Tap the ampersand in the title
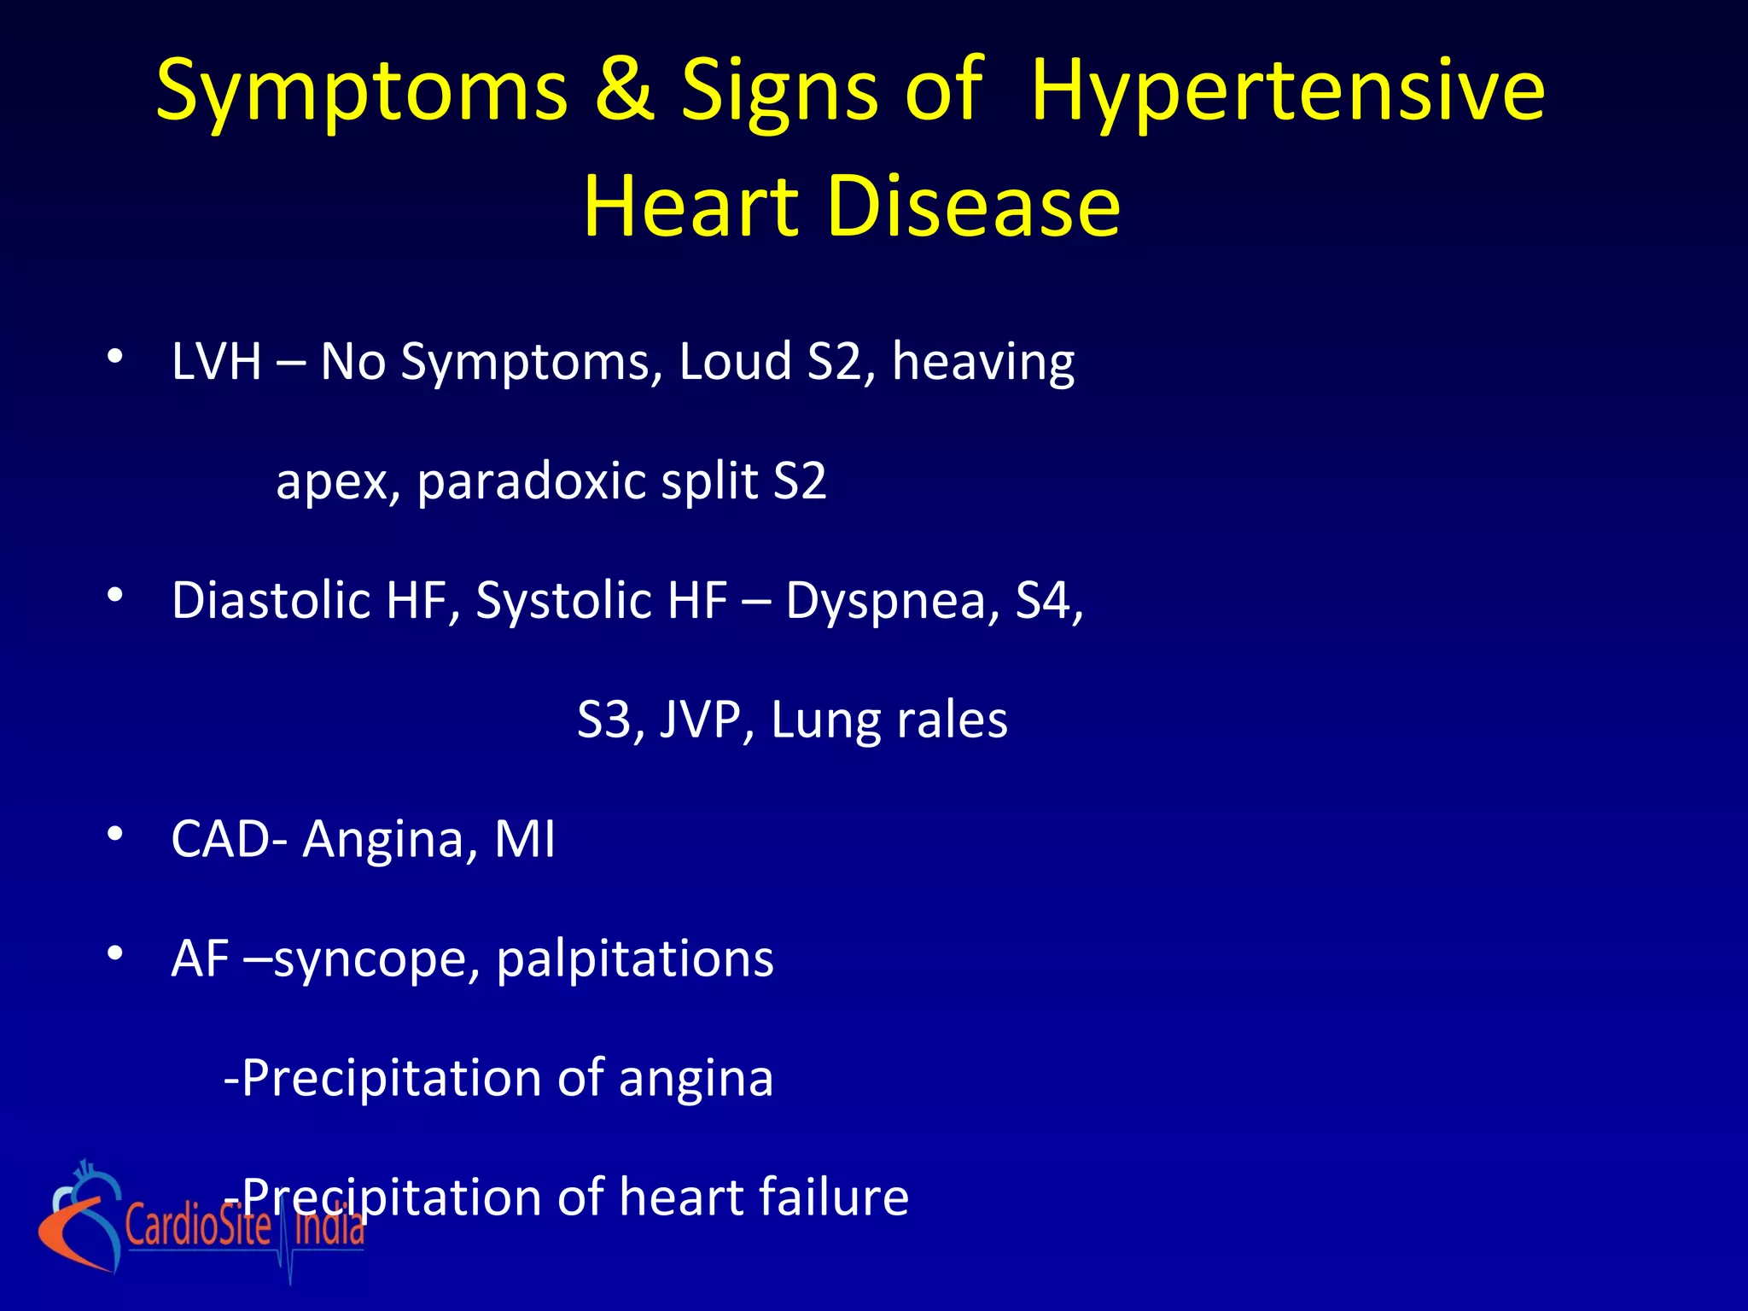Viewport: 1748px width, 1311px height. point(624,89)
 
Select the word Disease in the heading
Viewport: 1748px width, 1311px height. point(973,206)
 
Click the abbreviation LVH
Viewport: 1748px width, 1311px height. point(216,361)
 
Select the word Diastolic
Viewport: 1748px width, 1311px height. point(271,600)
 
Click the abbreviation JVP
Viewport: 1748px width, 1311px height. point(706,720)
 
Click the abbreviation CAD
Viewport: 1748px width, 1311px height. point(221,839)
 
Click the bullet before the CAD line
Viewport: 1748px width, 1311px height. point(116,834)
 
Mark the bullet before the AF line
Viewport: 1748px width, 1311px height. point(116,953)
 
